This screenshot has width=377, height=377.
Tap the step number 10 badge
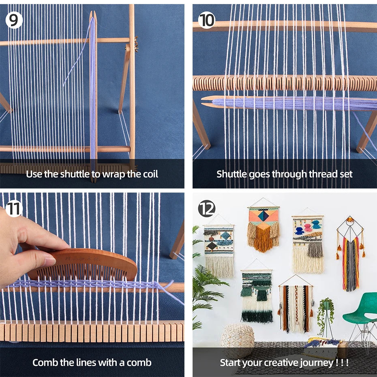[x=206, y=20]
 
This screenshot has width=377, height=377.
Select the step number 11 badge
[x=13, y=209]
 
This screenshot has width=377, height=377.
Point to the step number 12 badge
[x=206, y=209]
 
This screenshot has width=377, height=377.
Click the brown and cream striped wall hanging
[x=295, y=308]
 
